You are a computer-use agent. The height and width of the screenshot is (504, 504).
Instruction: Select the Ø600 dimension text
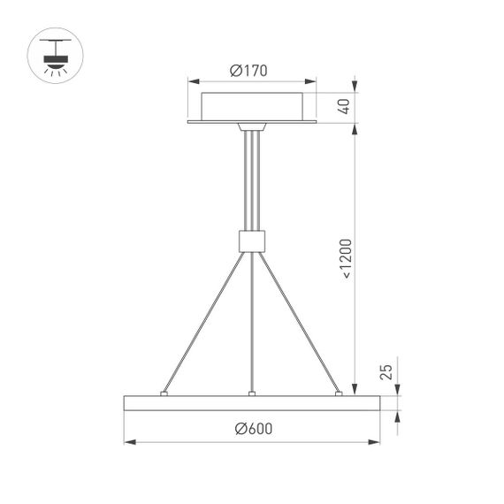pyautogui.click(x=254, y=429)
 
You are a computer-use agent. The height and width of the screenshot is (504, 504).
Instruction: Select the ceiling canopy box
pyautogui.click(x=253, y=106)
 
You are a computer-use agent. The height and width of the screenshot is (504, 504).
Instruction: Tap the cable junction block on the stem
pyautogui.click(x=253, y=241)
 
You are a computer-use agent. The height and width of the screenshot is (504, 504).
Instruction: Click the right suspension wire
pyautogui.click(x=299, y=321)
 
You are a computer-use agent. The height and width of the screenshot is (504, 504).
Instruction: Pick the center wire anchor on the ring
pyautogui.click(x=253, y=392)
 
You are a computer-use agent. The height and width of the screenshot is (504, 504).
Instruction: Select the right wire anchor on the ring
pyautogui.click(x=338, y=392)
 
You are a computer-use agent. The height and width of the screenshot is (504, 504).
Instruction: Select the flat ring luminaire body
pyautogui.click(x=253, y=402)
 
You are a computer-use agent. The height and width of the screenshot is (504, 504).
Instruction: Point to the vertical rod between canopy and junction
pyautogui.click(x=253, y=181)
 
